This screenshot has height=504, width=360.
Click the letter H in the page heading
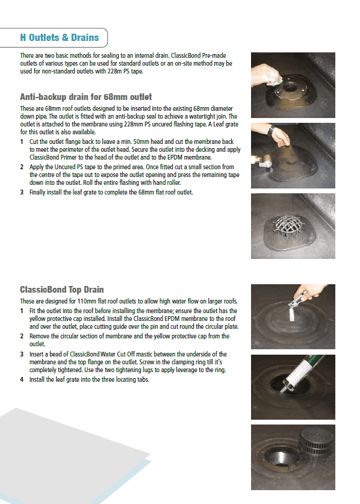tap(23, 37)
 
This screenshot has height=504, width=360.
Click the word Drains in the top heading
tap(84, 37)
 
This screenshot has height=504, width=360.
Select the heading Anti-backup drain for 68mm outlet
tap(85, 96)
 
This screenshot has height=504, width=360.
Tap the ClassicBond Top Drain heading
tap(62, 290)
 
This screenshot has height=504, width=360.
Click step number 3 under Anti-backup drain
tap(22, 193)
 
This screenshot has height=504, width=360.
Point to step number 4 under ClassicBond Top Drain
tap(22, 380)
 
